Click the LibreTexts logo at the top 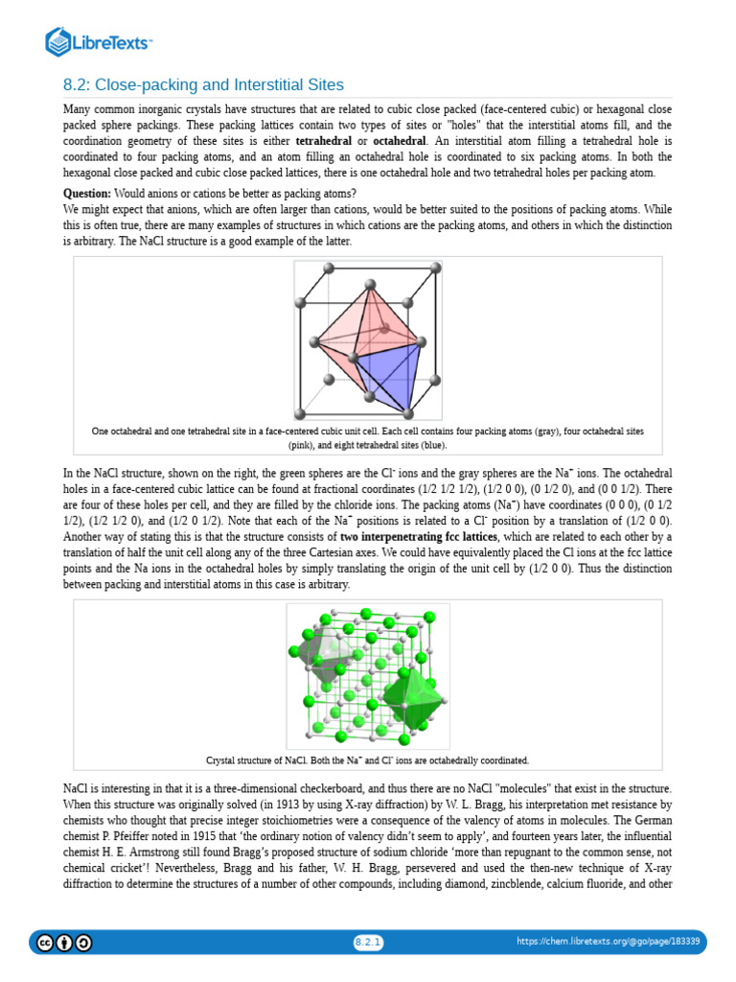pos(99,41)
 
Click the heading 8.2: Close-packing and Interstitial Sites pos(203,84)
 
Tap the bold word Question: pos(89,192)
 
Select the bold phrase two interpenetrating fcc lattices pos(414,536)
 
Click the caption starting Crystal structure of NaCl pos(367,760)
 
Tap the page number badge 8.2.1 pos(368,943)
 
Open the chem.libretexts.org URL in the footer pos(609,942)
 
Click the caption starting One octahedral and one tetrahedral pos(367,437)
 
